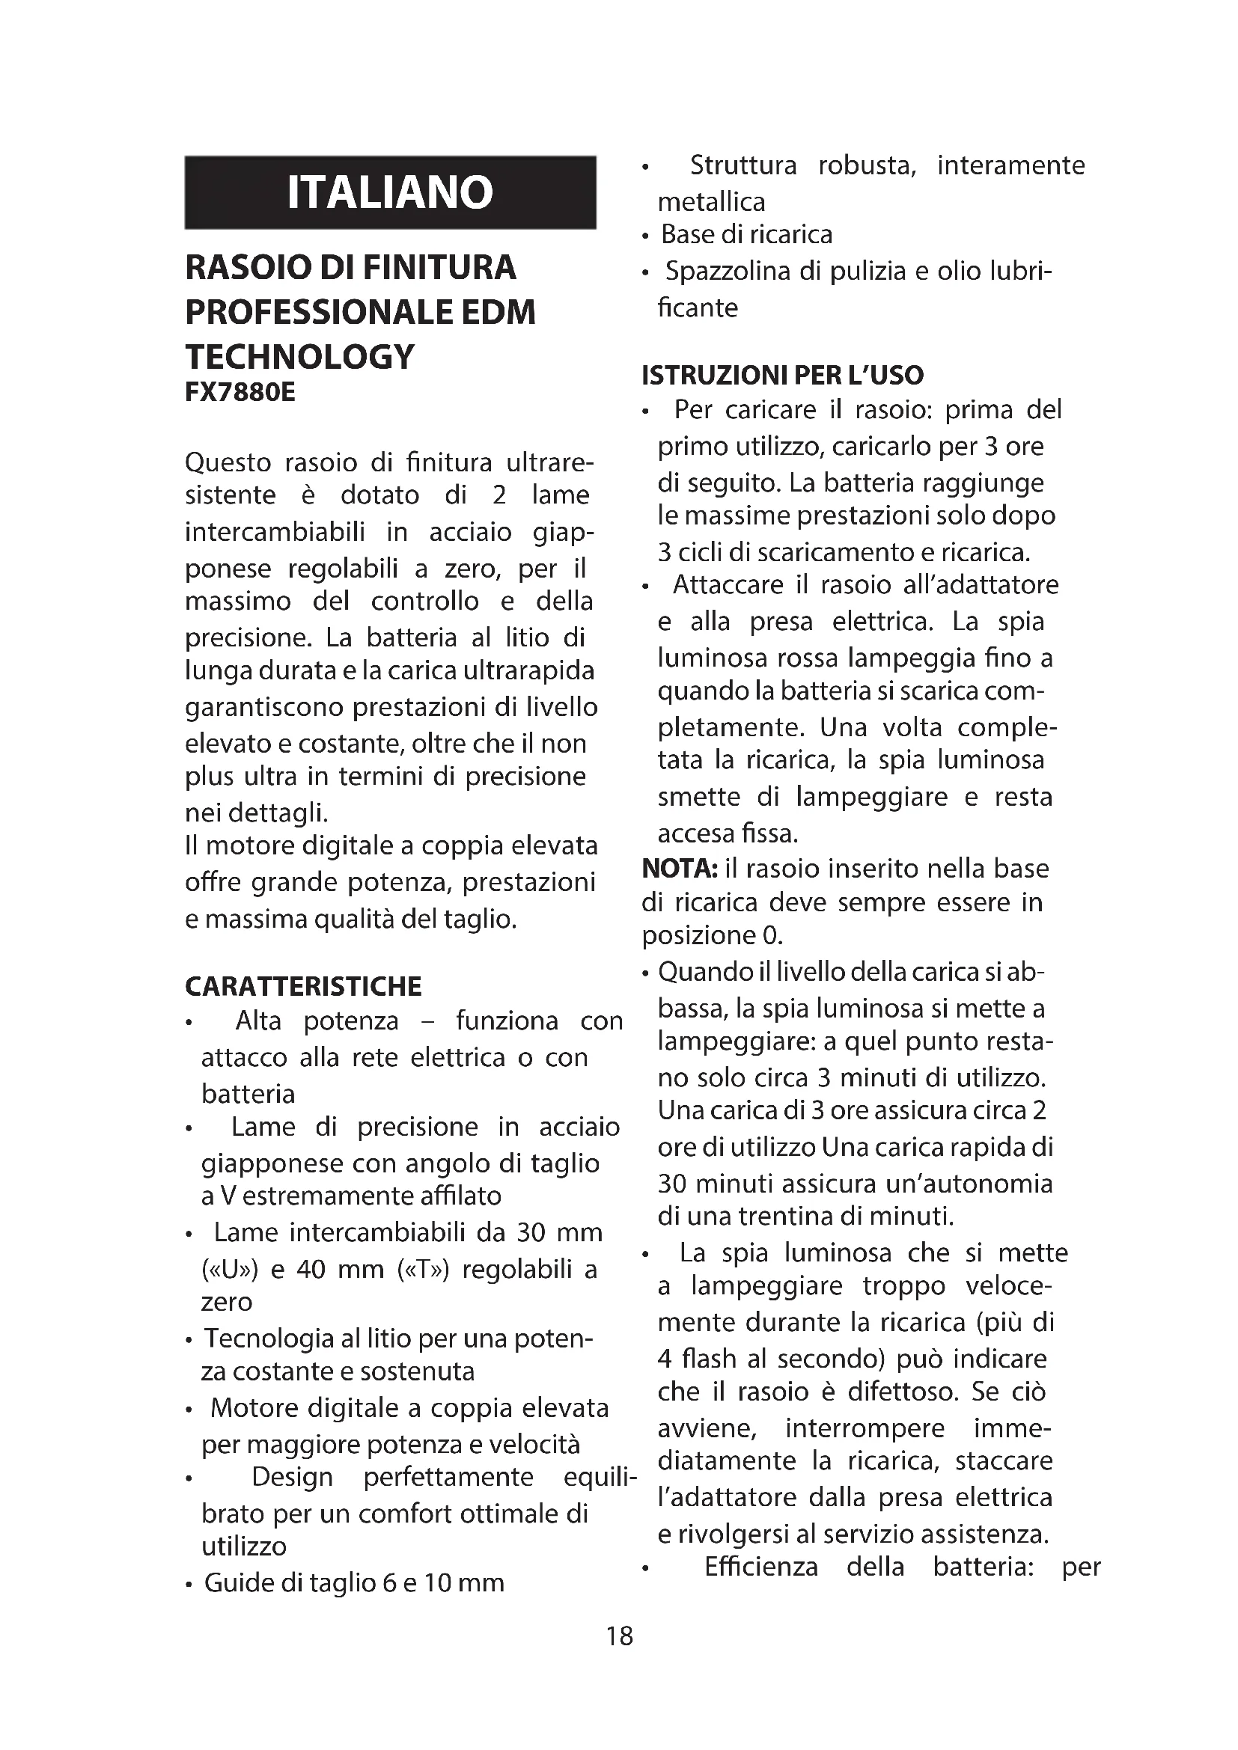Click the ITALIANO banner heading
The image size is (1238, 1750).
pyautogui.click(x=389, y=192)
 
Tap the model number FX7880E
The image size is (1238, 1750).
pyautogui.click(x=240, y=393)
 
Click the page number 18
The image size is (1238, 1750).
pyautogui.click(x=619, y=1636)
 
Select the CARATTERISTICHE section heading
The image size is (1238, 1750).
pyautogui.click(x=302, y=986)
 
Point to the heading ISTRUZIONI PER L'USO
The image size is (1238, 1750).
pyautogui.click(x=782, y=375)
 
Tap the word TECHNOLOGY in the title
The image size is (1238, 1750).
pyautogui.click(x=299, y=357)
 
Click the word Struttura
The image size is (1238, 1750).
pyautogui.click(x=743, y=165)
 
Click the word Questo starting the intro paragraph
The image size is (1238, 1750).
pyautogui.click(x=228, y=462)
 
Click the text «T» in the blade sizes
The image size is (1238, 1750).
pyautogui.click(x=424, y=1269)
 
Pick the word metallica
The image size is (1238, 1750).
pyautogui.click(x=711, y=202)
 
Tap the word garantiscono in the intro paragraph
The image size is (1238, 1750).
pyautogui.click(x=264, y=706)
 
